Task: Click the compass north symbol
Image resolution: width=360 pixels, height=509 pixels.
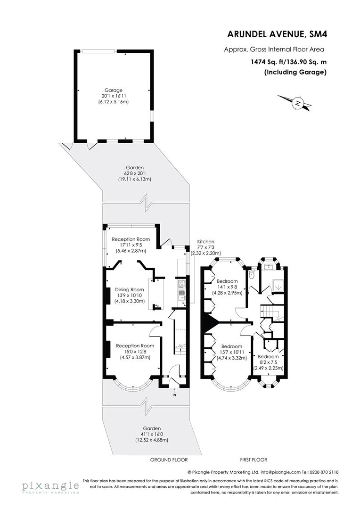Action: [297, 102]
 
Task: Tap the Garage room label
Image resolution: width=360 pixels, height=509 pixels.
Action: [114, 90]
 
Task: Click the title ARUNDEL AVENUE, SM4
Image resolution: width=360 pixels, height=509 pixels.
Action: [276, 34]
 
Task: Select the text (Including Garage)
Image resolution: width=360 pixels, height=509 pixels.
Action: [295, 72]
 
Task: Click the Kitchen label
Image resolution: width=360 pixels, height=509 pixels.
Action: [205, 241]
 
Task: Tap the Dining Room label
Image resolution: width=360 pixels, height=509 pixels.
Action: [130, 289]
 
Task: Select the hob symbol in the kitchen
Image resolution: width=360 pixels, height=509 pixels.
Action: [180, 284]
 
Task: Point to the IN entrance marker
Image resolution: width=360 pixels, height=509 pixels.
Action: [174, 394]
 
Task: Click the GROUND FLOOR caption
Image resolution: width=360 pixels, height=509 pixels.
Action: [169, 460]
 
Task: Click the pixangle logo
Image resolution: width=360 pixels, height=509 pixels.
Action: [49, 486]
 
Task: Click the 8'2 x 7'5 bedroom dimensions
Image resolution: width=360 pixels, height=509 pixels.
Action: [267, 362]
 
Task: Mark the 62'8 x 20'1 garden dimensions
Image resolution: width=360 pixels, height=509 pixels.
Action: [134, 173]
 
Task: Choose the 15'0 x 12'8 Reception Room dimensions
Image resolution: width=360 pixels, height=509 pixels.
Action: [135, 351]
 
